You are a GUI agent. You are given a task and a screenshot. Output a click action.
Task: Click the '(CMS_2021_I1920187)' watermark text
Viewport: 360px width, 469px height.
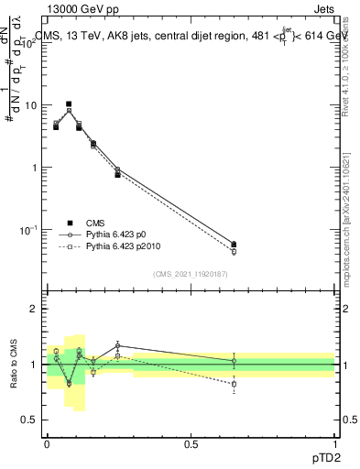click(191, 274)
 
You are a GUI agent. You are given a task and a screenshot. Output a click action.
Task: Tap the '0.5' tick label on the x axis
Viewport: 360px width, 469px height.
click(191, 443)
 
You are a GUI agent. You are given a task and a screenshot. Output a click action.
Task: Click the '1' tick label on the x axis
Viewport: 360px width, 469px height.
click(335, 443)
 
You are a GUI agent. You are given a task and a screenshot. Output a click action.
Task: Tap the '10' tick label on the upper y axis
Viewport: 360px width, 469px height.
click(29, 105)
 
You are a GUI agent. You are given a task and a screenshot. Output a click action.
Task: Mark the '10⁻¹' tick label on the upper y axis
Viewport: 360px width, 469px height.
click(27, 229)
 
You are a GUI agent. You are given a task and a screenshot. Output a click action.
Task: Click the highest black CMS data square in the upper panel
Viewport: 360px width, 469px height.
click(69, 104)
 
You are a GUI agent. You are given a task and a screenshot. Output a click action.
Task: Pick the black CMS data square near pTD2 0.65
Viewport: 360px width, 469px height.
click(234, 245)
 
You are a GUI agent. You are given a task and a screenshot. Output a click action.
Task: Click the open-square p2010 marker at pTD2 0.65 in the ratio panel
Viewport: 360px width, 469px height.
click(234, 385)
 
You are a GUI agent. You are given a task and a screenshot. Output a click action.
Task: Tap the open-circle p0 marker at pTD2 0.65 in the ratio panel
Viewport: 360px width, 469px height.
click(234, 361)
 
